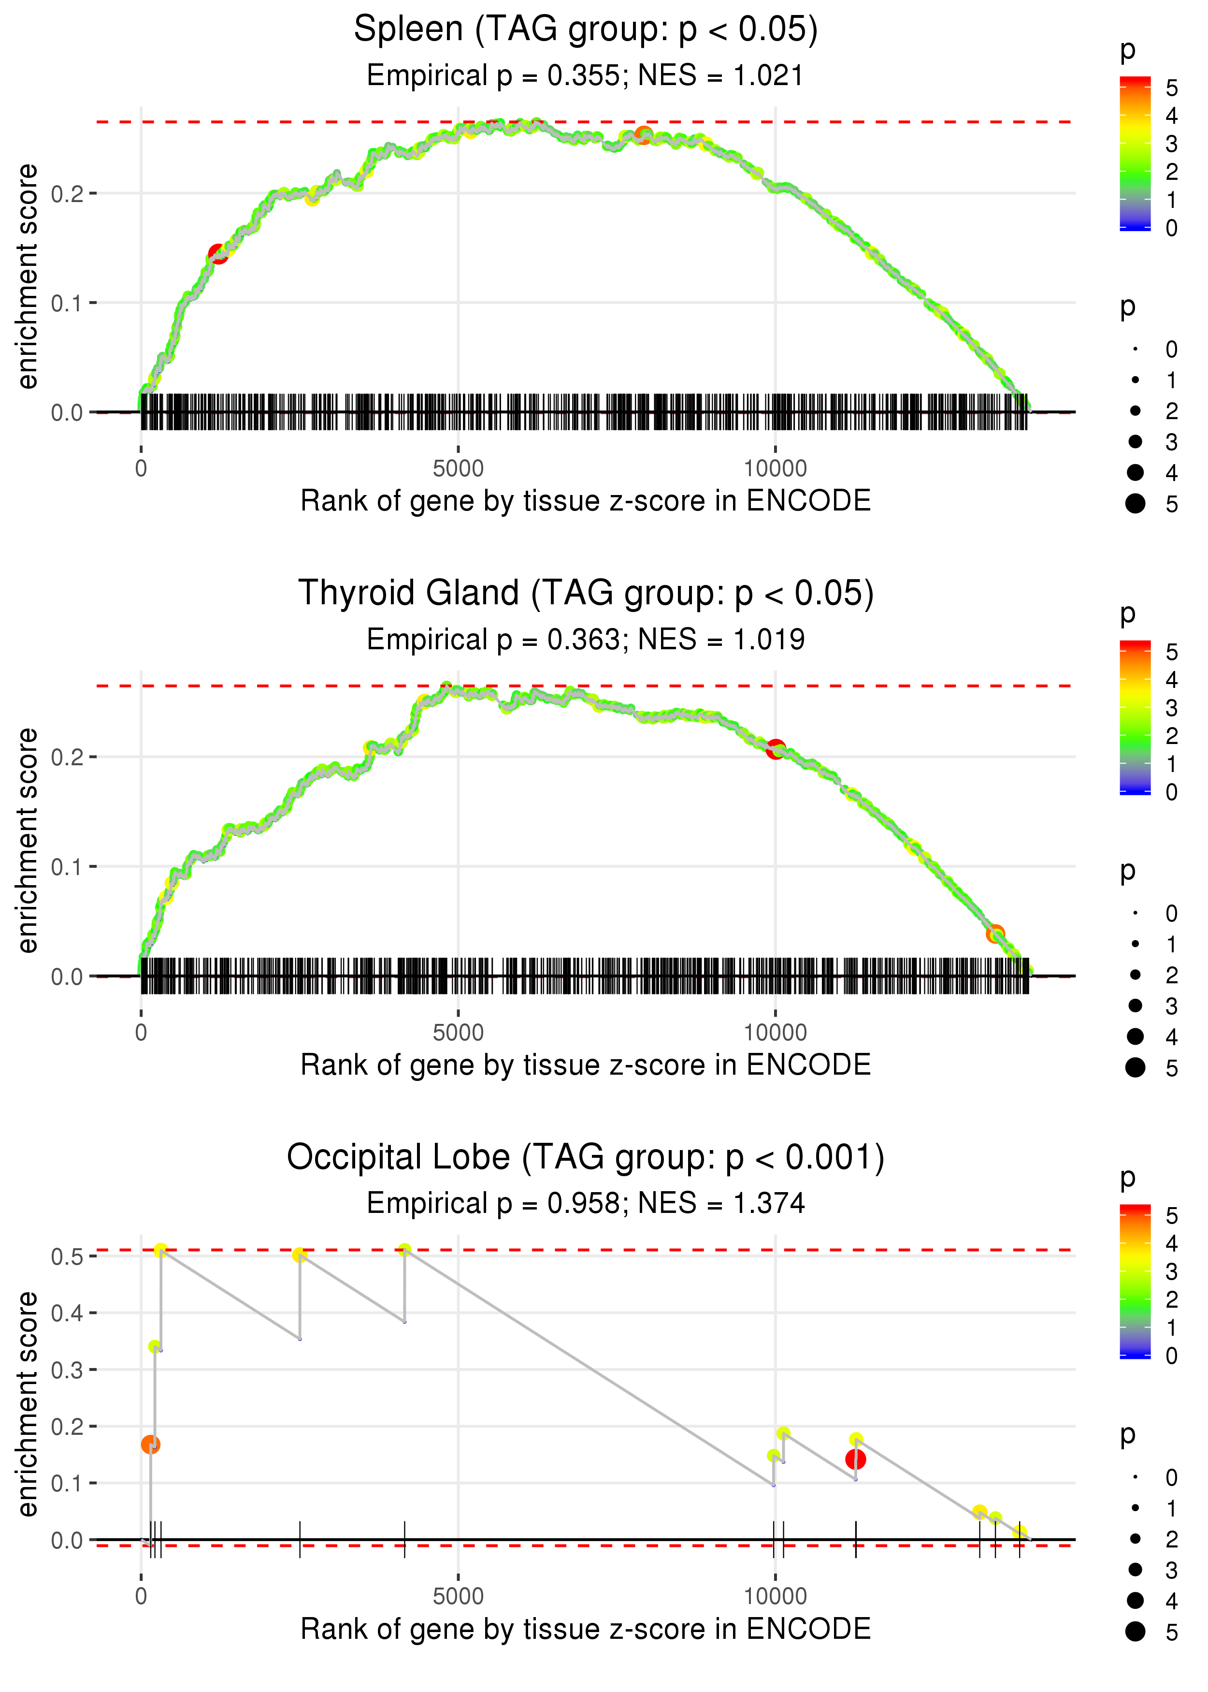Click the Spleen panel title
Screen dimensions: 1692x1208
(586, 30)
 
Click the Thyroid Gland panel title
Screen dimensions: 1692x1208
(586, 594)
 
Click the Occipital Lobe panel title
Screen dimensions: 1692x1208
(586, 1158)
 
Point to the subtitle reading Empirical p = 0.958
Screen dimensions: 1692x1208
(586, 1203)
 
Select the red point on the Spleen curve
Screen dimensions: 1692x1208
(217, 254)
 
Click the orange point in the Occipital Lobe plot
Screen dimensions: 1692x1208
(150, 1445)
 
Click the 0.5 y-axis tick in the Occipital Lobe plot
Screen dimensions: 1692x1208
(67, 1257)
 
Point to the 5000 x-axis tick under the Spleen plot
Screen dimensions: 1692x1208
(458, 469)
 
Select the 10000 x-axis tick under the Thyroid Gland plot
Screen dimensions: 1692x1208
(775, 1033)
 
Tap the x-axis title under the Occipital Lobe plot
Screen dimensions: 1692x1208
(586, 1629)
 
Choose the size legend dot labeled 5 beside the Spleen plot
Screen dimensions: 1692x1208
(1135, 504)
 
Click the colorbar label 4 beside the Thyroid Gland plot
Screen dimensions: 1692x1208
(1172, 679)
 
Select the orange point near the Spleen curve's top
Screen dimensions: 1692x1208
(644, 135)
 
